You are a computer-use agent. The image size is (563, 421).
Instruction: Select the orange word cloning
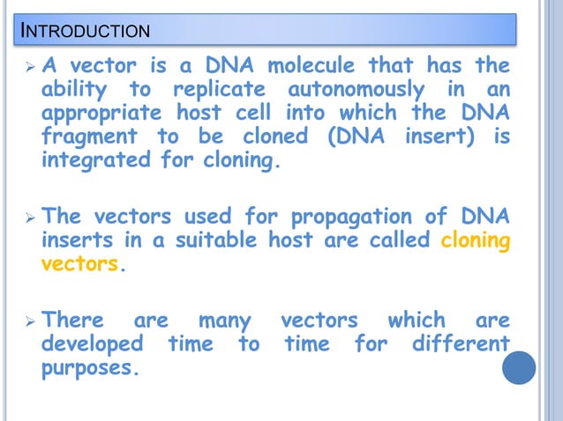475,240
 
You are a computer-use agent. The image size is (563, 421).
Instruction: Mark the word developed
94,343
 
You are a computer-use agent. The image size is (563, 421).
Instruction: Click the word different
460,343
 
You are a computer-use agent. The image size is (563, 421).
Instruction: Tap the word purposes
89,367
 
